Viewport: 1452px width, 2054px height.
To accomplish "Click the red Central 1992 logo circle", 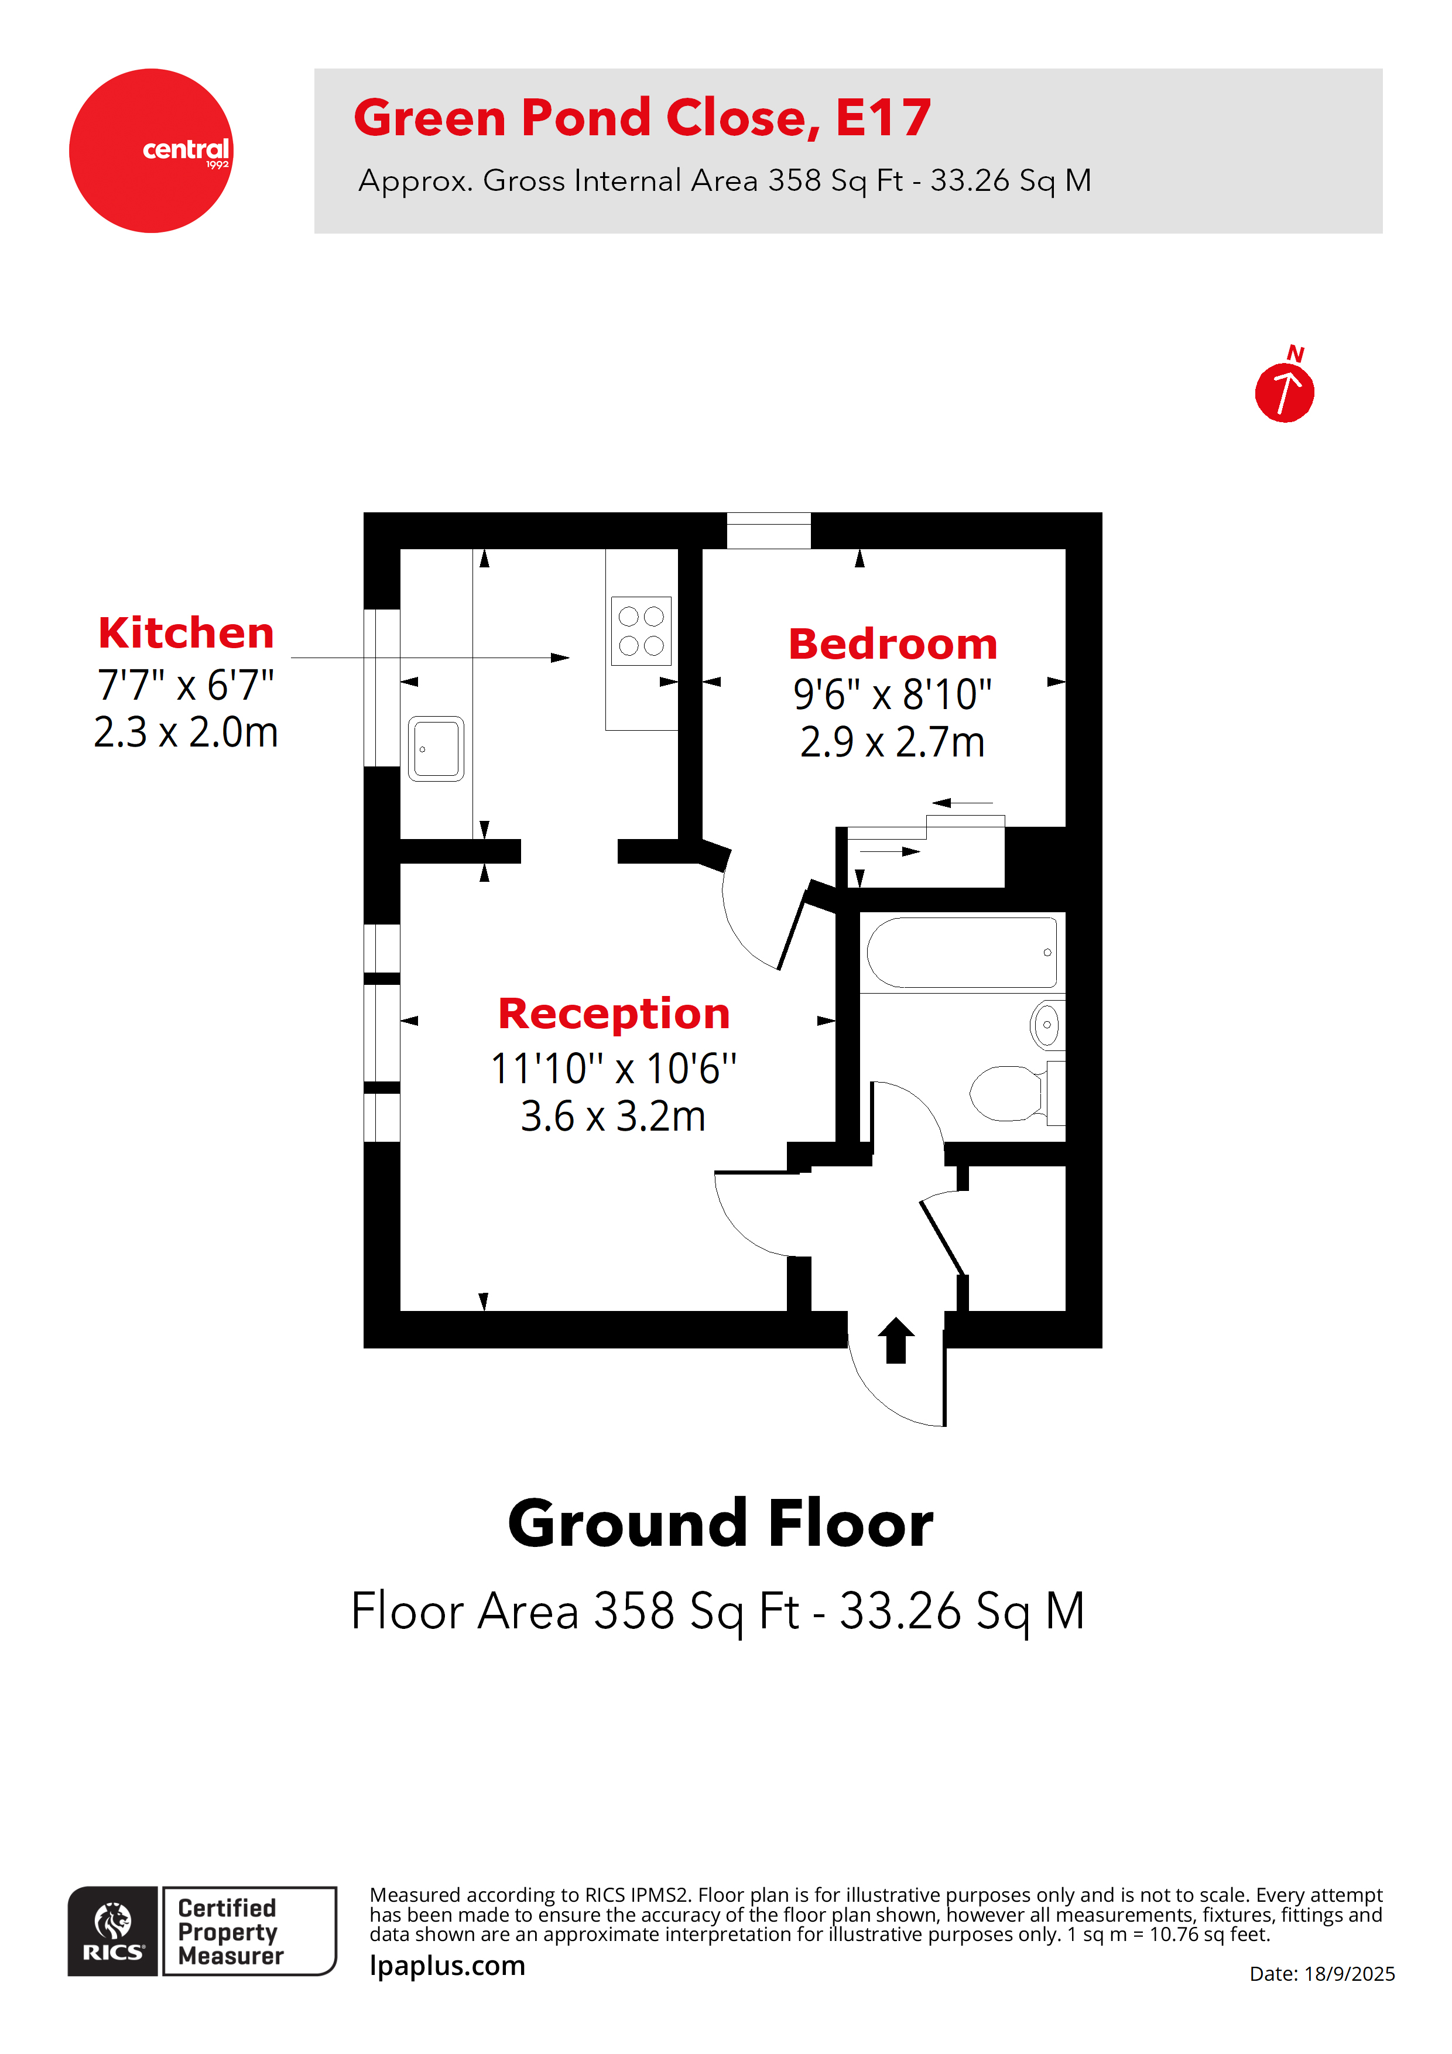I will tap(150, 150).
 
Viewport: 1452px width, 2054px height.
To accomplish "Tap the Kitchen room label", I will tap(186, 634).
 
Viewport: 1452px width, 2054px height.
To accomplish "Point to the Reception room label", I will tap(614, 1014).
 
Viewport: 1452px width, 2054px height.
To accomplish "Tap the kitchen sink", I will tap(436, 749).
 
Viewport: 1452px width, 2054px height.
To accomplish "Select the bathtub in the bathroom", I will tap(961, 952).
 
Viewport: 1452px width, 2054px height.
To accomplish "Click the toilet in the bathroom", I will tap(1011, 1093).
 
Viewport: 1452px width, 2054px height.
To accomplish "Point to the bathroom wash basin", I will tap(1046, 1025).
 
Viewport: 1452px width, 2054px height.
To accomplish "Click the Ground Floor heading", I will tap(720, 1524).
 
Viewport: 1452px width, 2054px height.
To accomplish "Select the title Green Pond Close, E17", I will tap(642, 118).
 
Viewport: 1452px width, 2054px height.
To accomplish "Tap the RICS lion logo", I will tap(113, 1930).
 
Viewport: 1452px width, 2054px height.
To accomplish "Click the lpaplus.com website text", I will tap(447, 1966).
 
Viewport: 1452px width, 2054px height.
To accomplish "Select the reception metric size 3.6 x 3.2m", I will tap(614, 1117).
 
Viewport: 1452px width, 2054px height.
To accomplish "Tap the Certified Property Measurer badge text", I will tap(231, 1932).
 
